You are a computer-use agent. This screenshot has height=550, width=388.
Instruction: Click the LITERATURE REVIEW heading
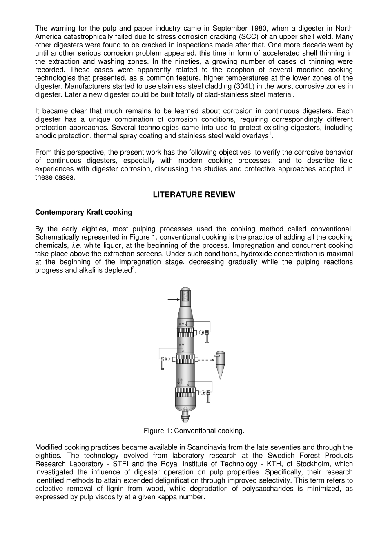click(x=194, y=195)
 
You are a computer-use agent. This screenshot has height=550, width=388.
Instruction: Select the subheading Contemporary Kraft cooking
click(x=84, y=212)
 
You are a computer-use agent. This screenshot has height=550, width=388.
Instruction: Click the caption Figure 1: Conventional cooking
click(x=194, y=431)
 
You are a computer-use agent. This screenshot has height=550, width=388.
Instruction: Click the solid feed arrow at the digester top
click(x=174, y=300)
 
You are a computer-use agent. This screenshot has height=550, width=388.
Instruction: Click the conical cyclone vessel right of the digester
click(x=220, y=364)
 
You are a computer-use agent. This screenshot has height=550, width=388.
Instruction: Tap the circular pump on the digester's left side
click(x=168, y=359)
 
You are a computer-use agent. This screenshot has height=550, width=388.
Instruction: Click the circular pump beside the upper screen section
click(x=201, y=332)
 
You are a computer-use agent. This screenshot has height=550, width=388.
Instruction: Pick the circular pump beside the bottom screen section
click(x=203, y=393)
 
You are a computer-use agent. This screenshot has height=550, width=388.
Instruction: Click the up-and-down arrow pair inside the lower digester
click(x=180, y=382)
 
